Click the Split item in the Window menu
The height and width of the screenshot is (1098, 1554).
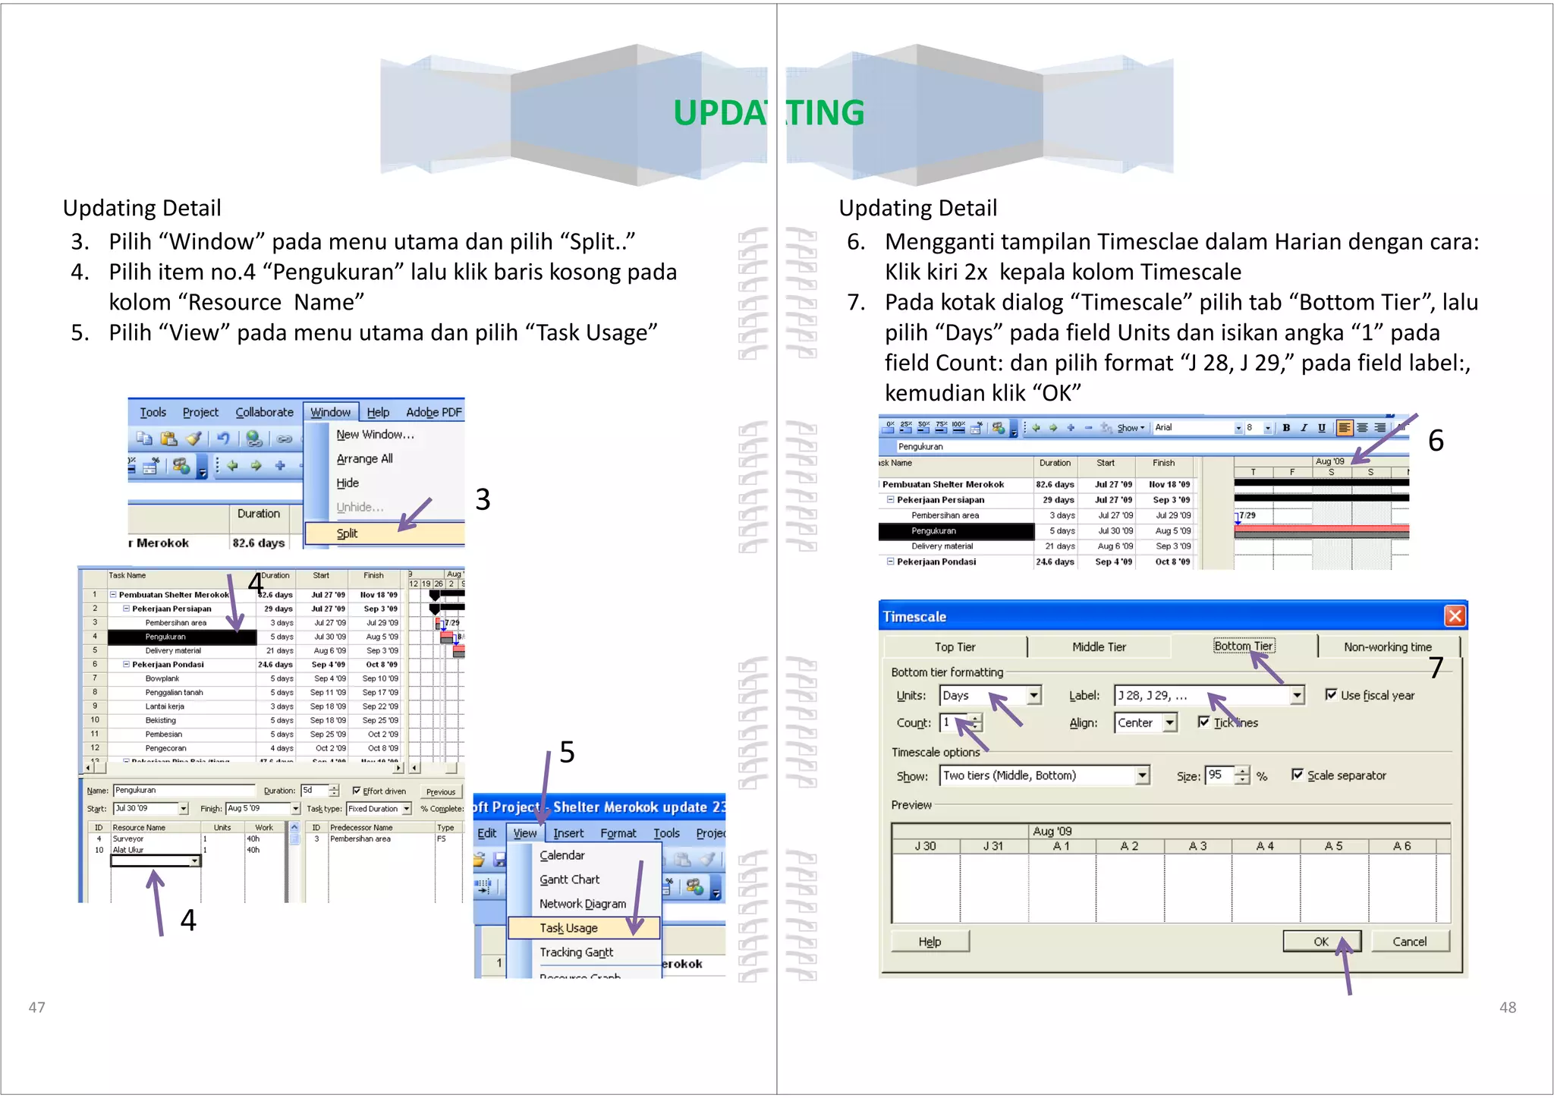coord(348,533)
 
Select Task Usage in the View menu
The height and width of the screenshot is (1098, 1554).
coord(568,928)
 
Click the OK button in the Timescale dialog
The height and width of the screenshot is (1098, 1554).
coord(1321,941)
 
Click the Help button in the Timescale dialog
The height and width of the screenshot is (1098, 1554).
coord(930,941)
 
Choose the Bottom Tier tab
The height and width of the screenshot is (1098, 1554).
coord(1244,647)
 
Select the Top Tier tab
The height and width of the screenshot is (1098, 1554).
coord(955,647)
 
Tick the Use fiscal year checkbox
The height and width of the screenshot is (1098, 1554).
coord(1331,694)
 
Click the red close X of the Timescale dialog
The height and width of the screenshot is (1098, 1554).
coord(1454,615)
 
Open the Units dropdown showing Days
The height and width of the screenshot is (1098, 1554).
coord(1033,695)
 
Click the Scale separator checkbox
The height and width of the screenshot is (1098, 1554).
coord(1298,775)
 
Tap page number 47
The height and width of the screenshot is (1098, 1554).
coord(36,1007)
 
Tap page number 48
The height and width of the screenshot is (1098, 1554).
coord(1507,1007)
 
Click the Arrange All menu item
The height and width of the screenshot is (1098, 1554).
coord(364,458)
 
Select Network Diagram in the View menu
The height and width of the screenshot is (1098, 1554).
coord(582,904)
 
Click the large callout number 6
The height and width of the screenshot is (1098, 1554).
coord(1436,441)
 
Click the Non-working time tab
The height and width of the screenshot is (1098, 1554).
coord(1387,647)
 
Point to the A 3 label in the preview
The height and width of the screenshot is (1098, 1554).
coord(1197,846)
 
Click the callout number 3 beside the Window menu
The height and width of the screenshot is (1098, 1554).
coord(483,499)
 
